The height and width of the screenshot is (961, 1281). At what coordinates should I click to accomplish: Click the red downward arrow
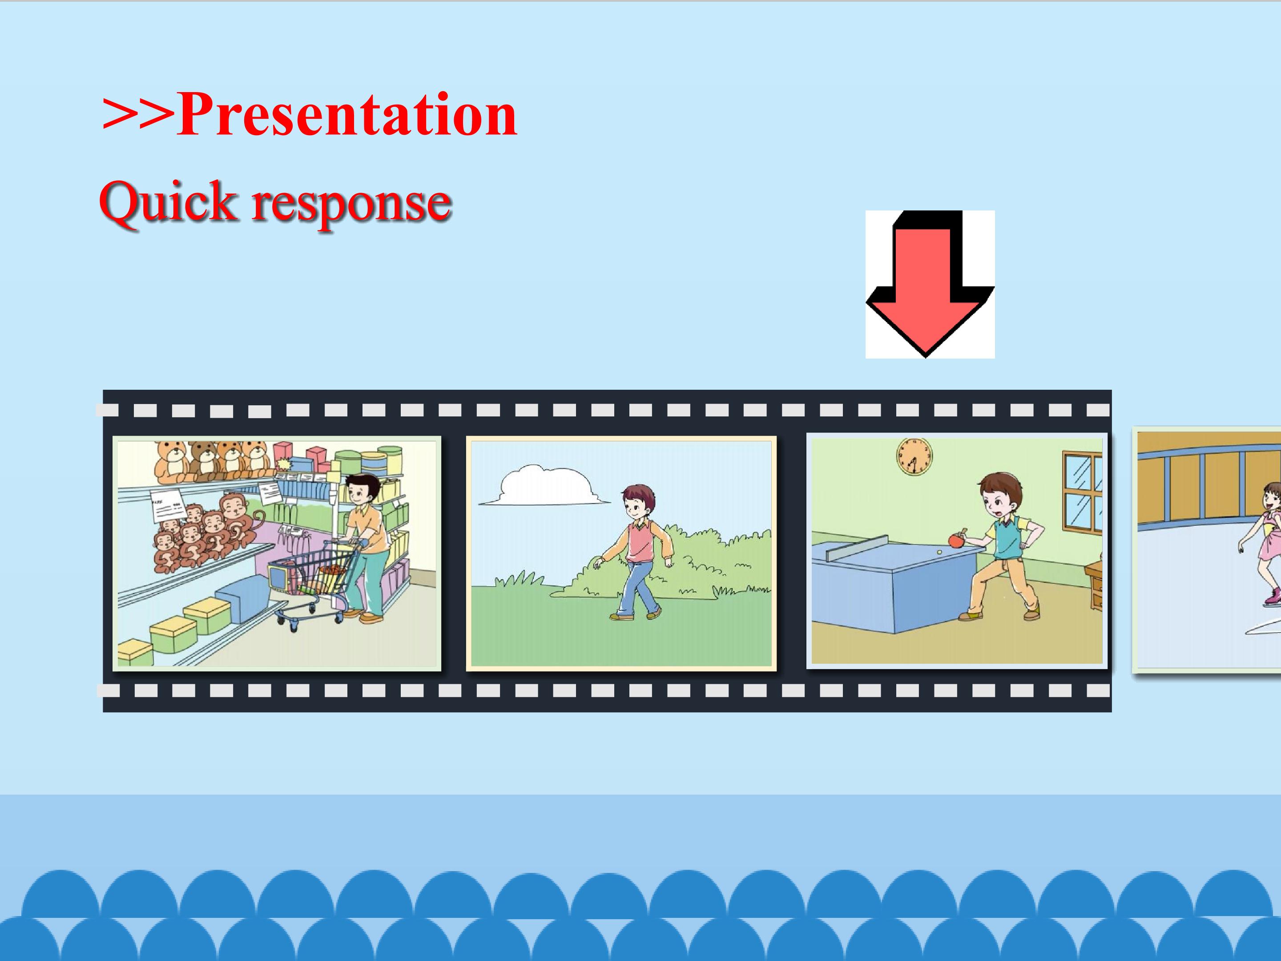click(x=929, y=284)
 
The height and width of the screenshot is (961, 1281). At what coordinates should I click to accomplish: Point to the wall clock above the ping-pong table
click(x=914, y=456)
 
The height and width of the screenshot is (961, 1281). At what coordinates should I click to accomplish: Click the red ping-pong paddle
click(x=956, y=538)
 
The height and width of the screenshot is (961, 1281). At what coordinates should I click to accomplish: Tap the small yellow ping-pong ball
click(x=939, y=553)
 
